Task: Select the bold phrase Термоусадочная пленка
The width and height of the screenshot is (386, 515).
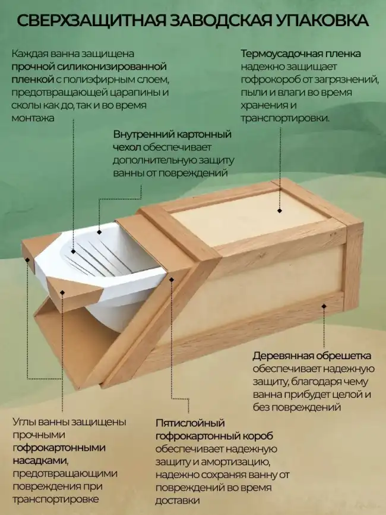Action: (300, 54)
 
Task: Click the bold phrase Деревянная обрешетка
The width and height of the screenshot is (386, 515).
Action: (312, 356)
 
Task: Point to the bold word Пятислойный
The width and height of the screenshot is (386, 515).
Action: (182, 423)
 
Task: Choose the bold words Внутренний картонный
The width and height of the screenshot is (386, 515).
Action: (172, 134)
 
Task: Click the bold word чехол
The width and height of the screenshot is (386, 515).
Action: (126, 147)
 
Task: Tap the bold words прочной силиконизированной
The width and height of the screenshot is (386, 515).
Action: (88, 66)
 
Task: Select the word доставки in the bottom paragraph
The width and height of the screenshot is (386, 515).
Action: (175, 501)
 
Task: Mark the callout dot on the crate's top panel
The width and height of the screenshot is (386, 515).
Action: (278, 210)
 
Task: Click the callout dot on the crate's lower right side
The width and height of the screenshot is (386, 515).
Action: (324, 306)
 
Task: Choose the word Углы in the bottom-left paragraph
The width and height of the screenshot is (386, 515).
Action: (24, 422)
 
